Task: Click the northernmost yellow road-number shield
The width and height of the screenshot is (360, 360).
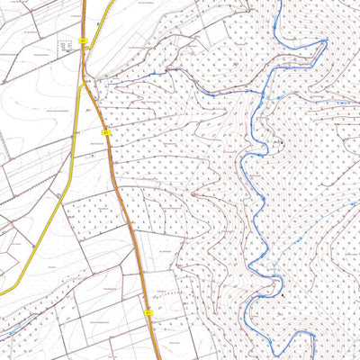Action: point(83,41)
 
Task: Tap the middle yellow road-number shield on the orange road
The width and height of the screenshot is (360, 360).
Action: point(105,132)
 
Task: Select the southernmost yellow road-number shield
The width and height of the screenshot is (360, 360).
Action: point(148,311)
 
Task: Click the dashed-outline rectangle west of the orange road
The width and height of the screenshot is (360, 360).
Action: point(66,47)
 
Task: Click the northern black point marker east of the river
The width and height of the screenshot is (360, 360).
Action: point(281,142)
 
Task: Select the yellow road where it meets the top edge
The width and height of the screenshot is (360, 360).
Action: point(113,2)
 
